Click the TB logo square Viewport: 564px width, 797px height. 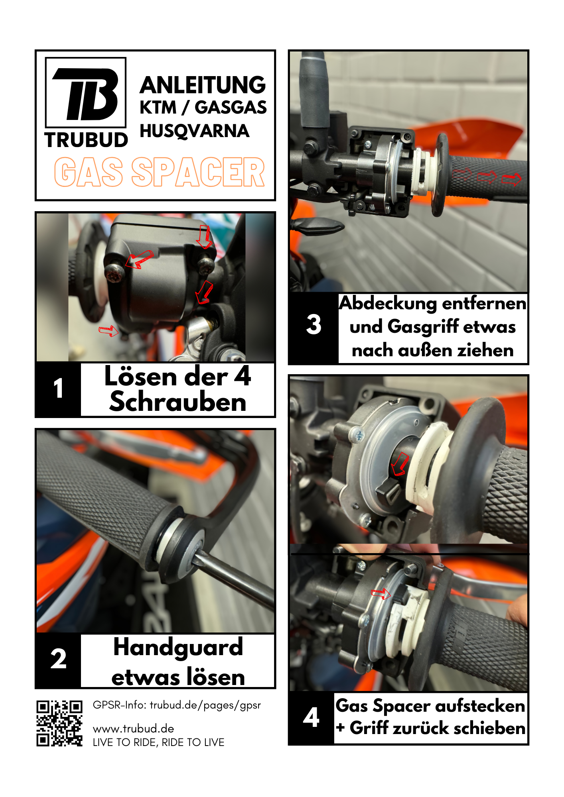pyautogui.click(x=86, y=92)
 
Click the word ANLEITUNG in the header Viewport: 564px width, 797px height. pyautogui.click(x=203, y=85)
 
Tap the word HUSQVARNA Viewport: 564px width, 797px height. pyautogui.click(x=195, y=131)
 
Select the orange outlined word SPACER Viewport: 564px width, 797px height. pyautogui.click(x=198, y=172)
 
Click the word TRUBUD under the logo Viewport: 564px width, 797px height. pyautogui.click(x=86, y=140)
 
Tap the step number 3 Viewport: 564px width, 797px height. pyautogui.click(x=314, y=324)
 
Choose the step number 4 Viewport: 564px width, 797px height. pyautogui.click(x=311, y=717)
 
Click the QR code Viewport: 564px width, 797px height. pyautogui.click(x=59, y=723)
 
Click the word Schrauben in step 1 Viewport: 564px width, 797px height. pyautogui.click(x=178, y=402)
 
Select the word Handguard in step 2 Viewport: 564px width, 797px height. pyautogui.click(x=178, y=647)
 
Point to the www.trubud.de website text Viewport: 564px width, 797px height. pyautogui.click(x=134, y=729)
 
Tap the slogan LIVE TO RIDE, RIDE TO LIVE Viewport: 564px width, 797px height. pyautogui.click(x=159, y=742)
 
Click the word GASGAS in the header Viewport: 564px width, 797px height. pyautogui.click(x=231, y=108)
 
